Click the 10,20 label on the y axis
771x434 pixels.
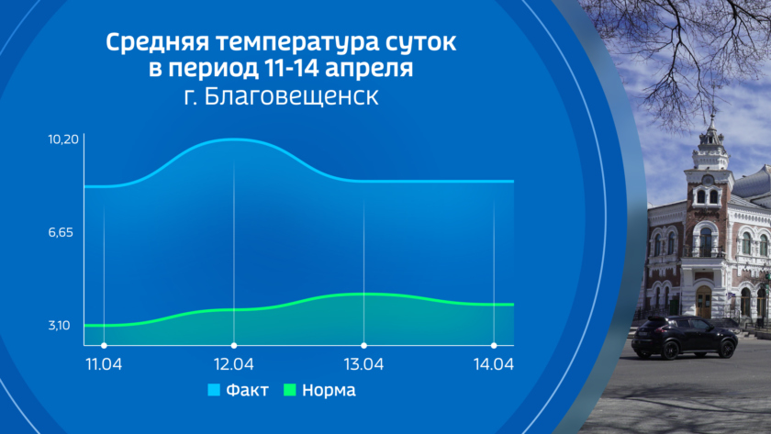63,139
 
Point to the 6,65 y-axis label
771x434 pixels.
61,232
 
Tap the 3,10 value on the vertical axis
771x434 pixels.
59,326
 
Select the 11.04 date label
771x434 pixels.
104,364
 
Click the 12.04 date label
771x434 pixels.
233,364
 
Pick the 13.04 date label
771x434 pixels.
363,364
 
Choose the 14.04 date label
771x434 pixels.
493,364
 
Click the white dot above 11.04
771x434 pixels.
104,346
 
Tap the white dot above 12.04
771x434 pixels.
234,346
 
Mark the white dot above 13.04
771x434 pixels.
363,346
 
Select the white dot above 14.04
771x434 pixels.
494,346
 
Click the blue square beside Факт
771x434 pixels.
214,390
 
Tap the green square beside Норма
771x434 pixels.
290,390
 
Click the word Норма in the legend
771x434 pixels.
329,390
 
